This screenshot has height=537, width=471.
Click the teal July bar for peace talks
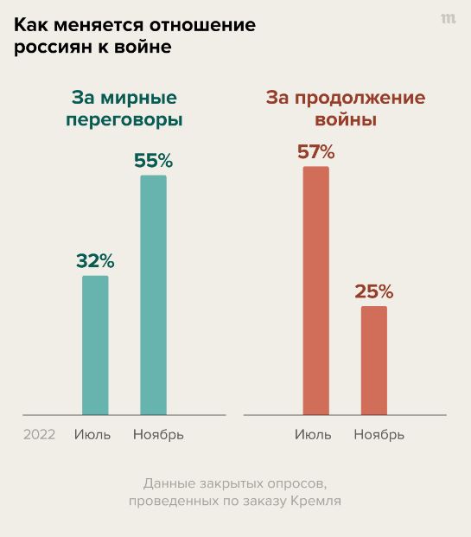click(x=95, y=345)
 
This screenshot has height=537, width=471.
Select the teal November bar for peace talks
click(x=153, y=295)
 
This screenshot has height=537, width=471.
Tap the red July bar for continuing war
click(x=316, y=291)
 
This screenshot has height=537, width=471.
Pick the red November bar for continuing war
click(x=374, y=361)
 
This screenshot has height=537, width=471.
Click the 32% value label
click(x=95, y=261)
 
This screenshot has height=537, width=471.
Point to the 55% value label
click(x=153, y=161)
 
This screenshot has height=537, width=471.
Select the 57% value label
click(x=316, y=151)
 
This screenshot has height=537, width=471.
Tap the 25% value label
click(x=374, y=291)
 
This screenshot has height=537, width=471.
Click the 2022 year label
click(x=39, y=435)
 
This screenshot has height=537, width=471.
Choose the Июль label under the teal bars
click(x=92, y=435)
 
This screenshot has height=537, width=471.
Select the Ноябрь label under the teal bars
click(x=158, y=435)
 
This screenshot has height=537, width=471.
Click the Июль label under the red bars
click(x=313, y=435)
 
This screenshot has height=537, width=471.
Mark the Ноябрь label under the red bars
click(x=379, y=435)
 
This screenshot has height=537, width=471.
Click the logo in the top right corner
click(x=449, y=18)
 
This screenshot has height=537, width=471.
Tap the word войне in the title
click(x=143, y=47)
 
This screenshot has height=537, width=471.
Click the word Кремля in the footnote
click(x=316, y=501)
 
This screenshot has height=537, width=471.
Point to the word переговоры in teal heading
click(x=124, y=120)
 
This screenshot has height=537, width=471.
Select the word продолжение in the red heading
click(x=360, y=99)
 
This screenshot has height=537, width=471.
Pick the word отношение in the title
click(x=202, y=25)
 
